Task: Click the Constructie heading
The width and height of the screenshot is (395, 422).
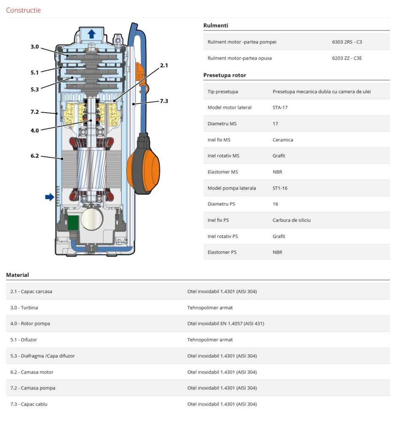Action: (x=24, y=10)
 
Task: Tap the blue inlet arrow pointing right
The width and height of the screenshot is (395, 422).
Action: (x=50, y=197)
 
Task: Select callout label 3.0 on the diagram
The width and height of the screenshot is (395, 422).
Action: (x=35, y=47)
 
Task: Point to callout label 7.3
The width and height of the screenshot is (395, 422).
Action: (x=164, y=101)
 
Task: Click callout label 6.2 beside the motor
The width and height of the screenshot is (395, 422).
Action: (x=35, y=156)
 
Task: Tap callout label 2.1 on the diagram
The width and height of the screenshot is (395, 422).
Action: (x=164, y=65)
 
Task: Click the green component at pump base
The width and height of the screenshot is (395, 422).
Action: (x=74, y=222)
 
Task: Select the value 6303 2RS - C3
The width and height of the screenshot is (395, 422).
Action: (x=347, y=42)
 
